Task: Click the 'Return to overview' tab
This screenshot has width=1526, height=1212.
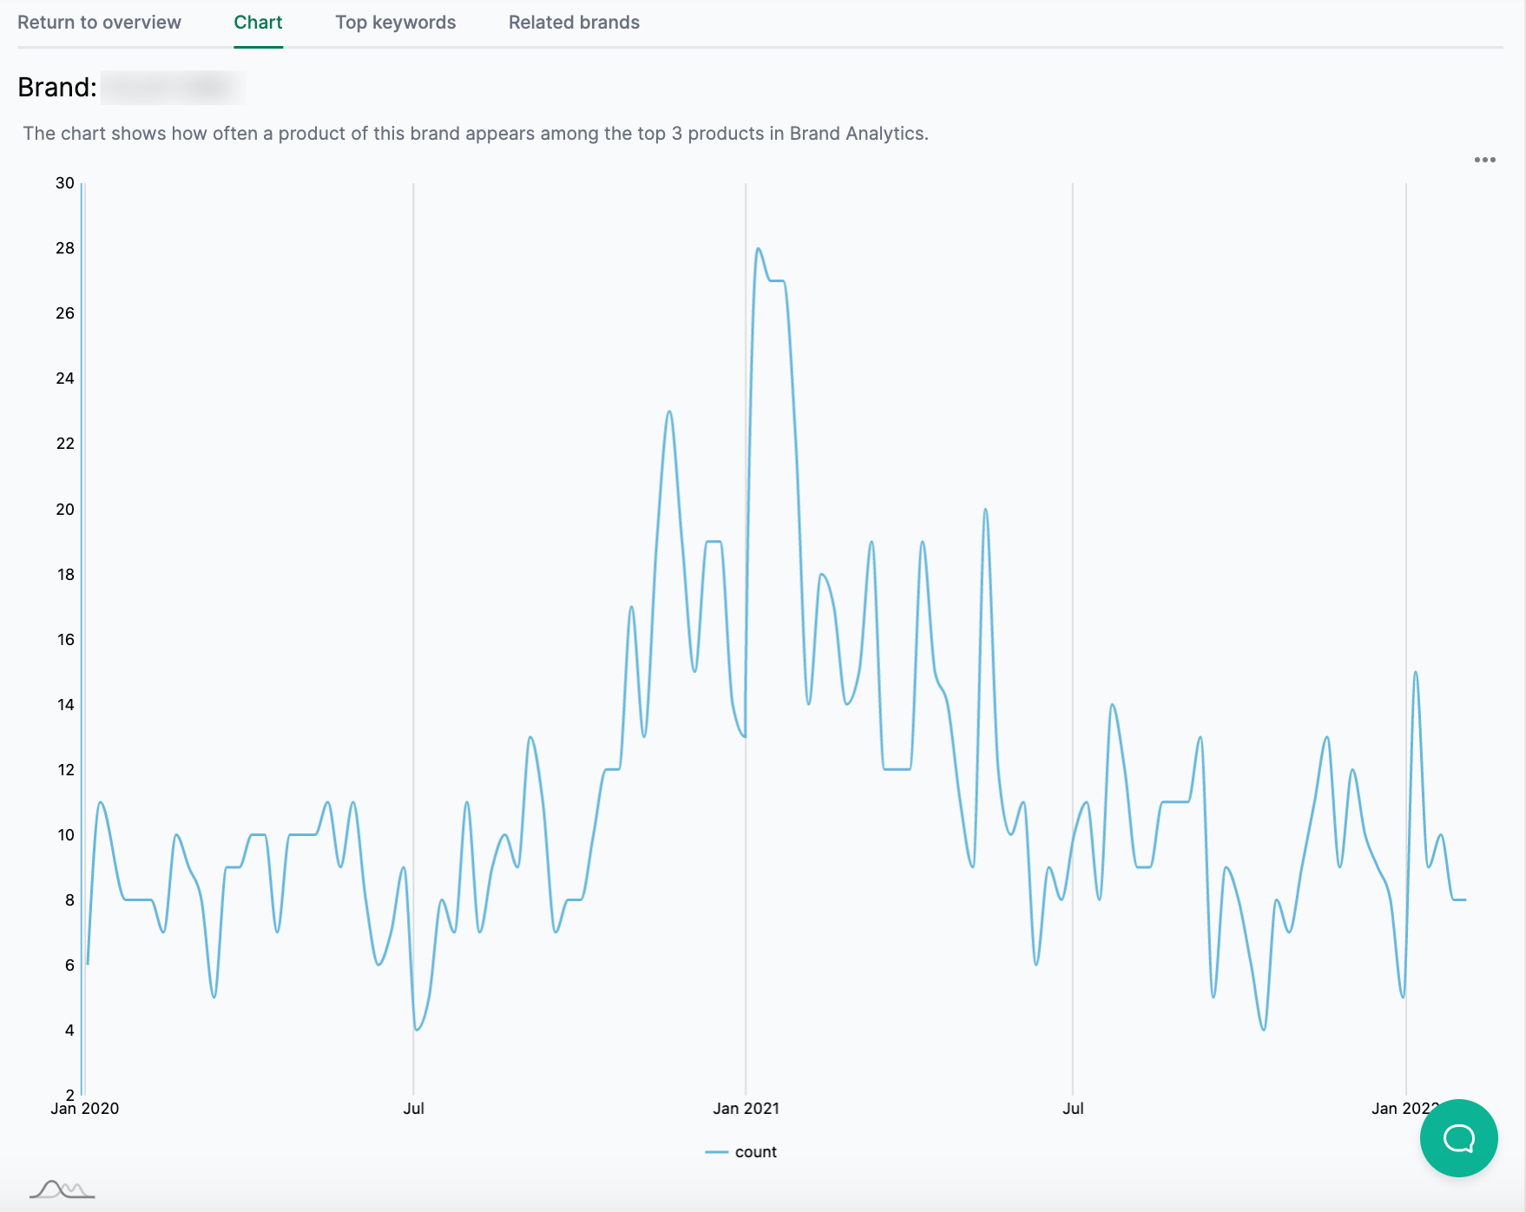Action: [99, 23]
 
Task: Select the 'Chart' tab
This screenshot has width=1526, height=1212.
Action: [258, 23]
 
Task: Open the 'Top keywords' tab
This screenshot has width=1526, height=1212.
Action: [395, 23]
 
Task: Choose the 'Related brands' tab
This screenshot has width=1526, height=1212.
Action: [574, 23]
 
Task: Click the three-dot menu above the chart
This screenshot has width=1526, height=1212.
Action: [1484, 160]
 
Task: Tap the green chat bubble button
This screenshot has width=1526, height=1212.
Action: [1458, 1137]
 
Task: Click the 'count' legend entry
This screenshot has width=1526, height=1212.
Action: [754, 1152]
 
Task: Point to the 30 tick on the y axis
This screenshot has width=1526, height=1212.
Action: [65, 183]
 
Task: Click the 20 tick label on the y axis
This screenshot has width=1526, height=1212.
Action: [65, 510]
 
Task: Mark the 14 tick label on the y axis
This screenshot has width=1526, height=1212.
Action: [65, 705]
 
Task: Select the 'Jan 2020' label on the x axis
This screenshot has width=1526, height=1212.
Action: [85, 1109]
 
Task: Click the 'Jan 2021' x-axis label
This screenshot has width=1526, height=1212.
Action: [746, 1109]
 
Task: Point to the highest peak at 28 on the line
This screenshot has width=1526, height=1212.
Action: [759, 249]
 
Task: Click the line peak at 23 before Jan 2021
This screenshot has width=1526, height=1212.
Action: [669, 412]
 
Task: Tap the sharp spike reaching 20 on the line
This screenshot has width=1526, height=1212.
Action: [985, 510]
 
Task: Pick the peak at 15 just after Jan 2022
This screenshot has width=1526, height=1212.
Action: [1416, 673]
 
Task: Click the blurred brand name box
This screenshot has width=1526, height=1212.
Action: [172, 88]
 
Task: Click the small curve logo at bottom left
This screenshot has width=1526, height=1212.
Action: [62, 1189]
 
